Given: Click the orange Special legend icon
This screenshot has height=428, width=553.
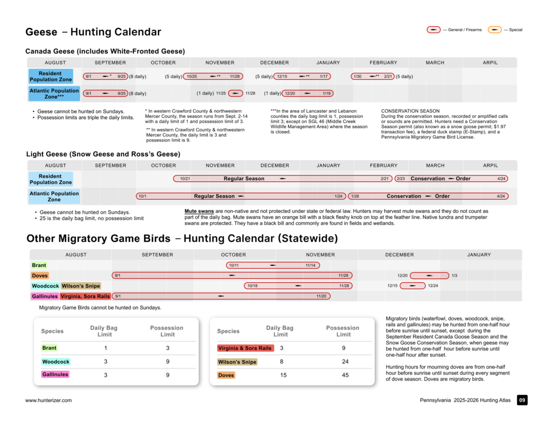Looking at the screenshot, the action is click(x=495, y=30).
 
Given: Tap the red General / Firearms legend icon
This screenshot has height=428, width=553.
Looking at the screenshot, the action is click(x=434, y=30).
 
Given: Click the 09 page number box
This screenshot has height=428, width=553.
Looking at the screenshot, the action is click(x=522, y=400).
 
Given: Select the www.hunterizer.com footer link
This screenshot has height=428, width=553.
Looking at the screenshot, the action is click(x=48, y=400).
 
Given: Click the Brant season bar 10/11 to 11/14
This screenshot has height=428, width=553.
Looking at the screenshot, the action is click(x=272, y=265).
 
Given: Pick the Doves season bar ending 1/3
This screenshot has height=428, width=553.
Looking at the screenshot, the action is click(x=429, y=276).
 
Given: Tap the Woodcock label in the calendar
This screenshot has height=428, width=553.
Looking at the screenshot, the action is click(x=45, y=286).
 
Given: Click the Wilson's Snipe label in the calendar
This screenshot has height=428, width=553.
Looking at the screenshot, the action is click(x=81, y=286).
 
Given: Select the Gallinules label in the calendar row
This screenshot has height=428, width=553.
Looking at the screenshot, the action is click(x=45, y=296).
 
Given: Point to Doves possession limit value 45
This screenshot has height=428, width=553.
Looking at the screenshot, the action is click(x=345, y=375).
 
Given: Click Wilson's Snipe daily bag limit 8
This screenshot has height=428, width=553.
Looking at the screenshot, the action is click(x=281, y=362).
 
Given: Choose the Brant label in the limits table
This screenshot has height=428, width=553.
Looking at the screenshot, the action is click(x=49, y=348).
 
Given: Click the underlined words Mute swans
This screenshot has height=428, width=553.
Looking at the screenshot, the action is click(x=199, y=211).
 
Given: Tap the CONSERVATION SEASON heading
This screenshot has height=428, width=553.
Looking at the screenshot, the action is click(x=410, y=111).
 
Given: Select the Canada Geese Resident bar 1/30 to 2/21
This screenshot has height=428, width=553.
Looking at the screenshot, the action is click(x=373, y=76).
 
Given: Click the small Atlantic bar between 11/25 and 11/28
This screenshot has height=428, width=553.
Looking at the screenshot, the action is click(x=236, y=94).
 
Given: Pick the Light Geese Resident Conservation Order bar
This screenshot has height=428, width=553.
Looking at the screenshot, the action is click(x=451, y=179).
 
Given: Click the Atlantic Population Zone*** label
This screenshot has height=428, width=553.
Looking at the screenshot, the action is click(x=54, y=94).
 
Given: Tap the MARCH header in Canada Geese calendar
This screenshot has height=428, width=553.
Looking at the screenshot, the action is click(x=435, y=62).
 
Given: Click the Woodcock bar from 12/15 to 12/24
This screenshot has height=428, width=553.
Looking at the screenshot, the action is click(x=412, y=286).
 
